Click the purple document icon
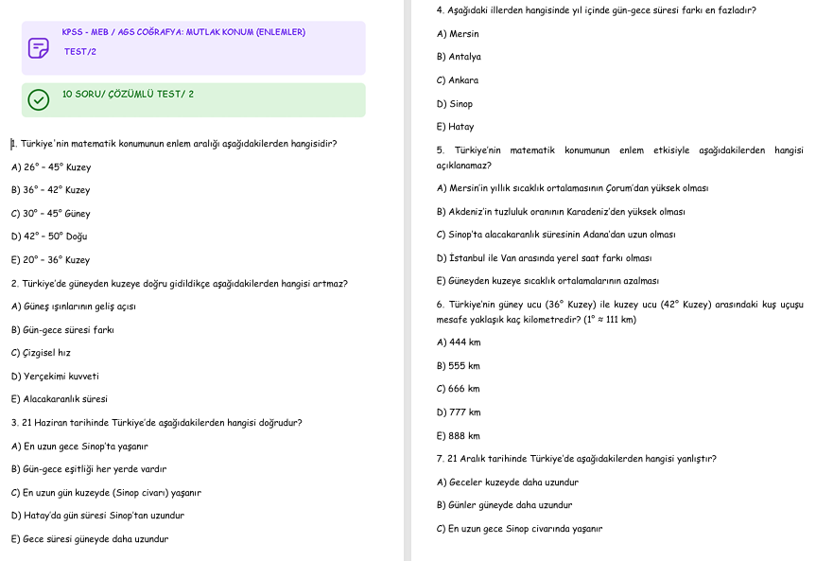(38, 48)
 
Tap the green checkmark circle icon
(38, 99)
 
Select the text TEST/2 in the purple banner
(80, 52)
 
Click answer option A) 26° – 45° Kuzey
(51, 167)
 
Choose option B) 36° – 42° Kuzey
(51, 190)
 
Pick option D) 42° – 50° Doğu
(49, 237)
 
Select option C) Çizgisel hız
(41, 353)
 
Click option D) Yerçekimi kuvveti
(55, 377)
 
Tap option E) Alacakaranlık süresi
(60, 399)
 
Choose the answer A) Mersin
(458, 34)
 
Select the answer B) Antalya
(459, 57)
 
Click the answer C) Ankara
(458, 80)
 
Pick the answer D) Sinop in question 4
(455, 104)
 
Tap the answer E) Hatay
(455, 127)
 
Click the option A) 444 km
(459, 342)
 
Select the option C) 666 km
(459, 389)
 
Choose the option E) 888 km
(459, 436)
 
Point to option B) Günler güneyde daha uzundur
(504, 505)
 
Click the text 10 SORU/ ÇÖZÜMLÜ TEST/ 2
(128, 95)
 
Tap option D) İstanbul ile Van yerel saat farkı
(544, 258)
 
